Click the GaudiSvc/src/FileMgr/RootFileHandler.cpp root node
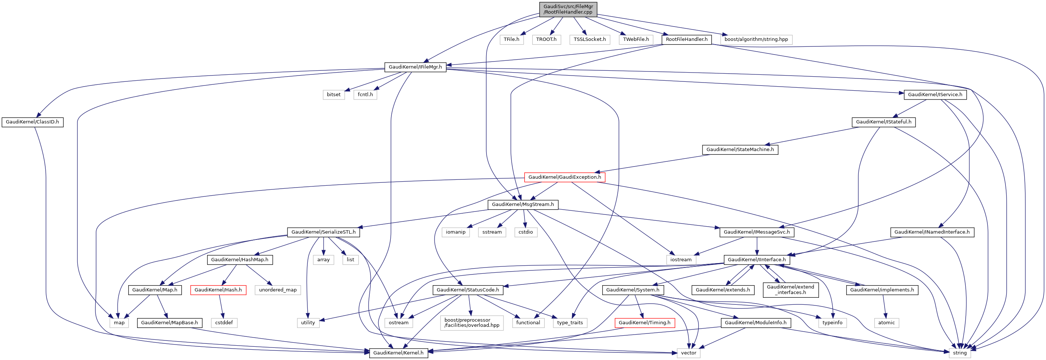(x=568, y=9)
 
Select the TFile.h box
(x=511, y=39)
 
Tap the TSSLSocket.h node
(x=590, y=39)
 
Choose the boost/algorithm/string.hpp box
(x=756, y=39)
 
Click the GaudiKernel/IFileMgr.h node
(x=415, y=67)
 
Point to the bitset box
(x=334, y=95)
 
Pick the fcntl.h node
(x=365, y=95)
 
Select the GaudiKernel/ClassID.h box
(x=32, y=122)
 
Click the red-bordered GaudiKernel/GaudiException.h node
(x=564, y=177)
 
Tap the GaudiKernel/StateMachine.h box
(x=740, y=149)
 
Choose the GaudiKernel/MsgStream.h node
(x=523, y=205)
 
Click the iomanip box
(x=456, y=232)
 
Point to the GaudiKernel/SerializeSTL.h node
(x=323, y=232)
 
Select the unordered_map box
(x=278, y=290)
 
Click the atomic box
(x=886, y=323)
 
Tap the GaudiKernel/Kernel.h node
(x=398, y=353)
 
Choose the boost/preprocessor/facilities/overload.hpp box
(x=471, y=323)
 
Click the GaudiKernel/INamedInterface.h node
(x=931, y=232)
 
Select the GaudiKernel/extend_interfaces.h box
(x=790, y=290)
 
